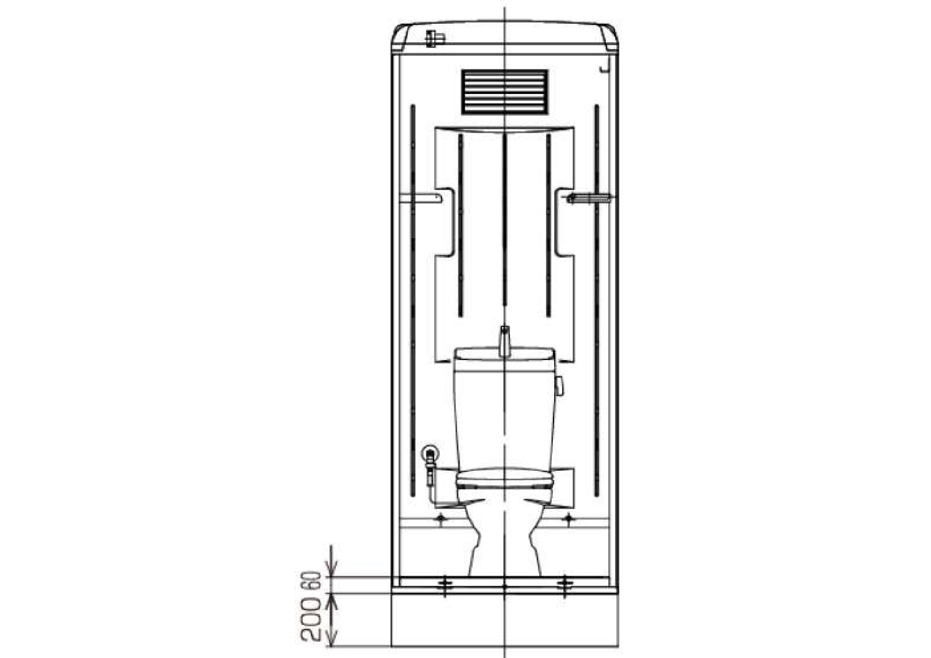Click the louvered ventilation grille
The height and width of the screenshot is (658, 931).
(x=504, y=92)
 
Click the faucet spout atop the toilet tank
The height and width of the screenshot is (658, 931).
(x=504, y=341)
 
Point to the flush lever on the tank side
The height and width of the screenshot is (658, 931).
(x=560, y=386)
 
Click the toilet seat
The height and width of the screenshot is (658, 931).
(x=504, y=479)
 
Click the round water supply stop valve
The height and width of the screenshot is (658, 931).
(x=429, y=453)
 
